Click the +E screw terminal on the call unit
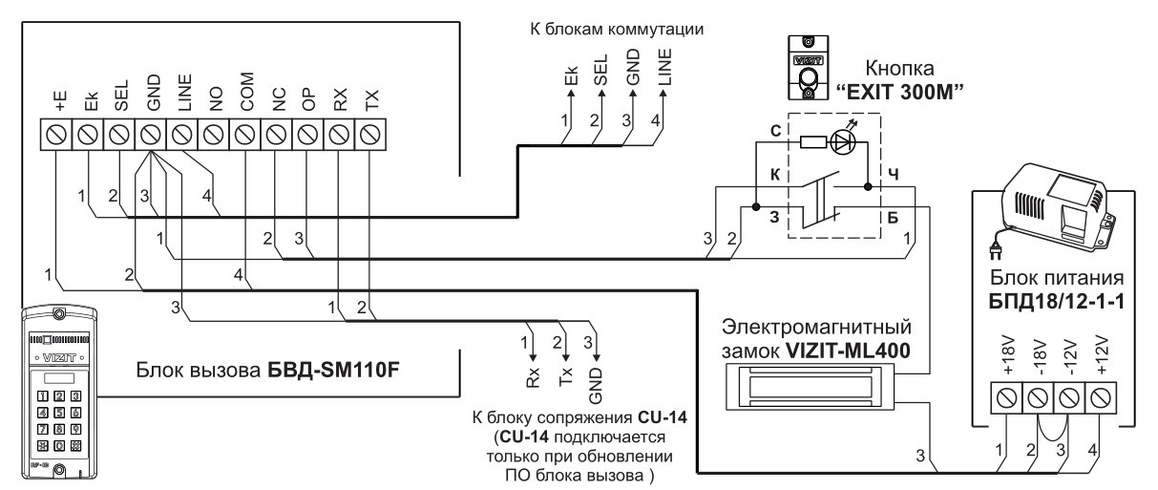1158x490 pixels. [55, 136]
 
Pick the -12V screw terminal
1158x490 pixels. [1068, 394]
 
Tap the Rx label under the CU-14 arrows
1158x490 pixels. [533, 373]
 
